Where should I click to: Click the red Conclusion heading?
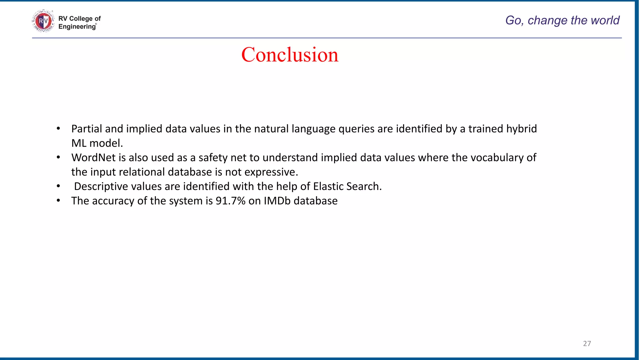click(x=290, y=55)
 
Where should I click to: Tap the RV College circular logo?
click(x=43, y=21)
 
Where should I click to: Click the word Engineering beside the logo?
click(x=77, y=27)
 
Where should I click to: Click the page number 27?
click(x=587, y=343)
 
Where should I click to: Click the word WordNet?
click(x=93, y=157)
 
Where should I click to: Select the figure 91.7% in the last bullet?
click(x=230, y=201)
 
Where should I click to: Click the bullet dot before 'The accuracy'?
click(x=58, y=201)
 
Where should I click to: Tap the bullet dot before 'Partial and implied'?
click(x=58, y=129)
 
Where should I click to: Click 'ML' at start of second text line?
click(x=79, y=143)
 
